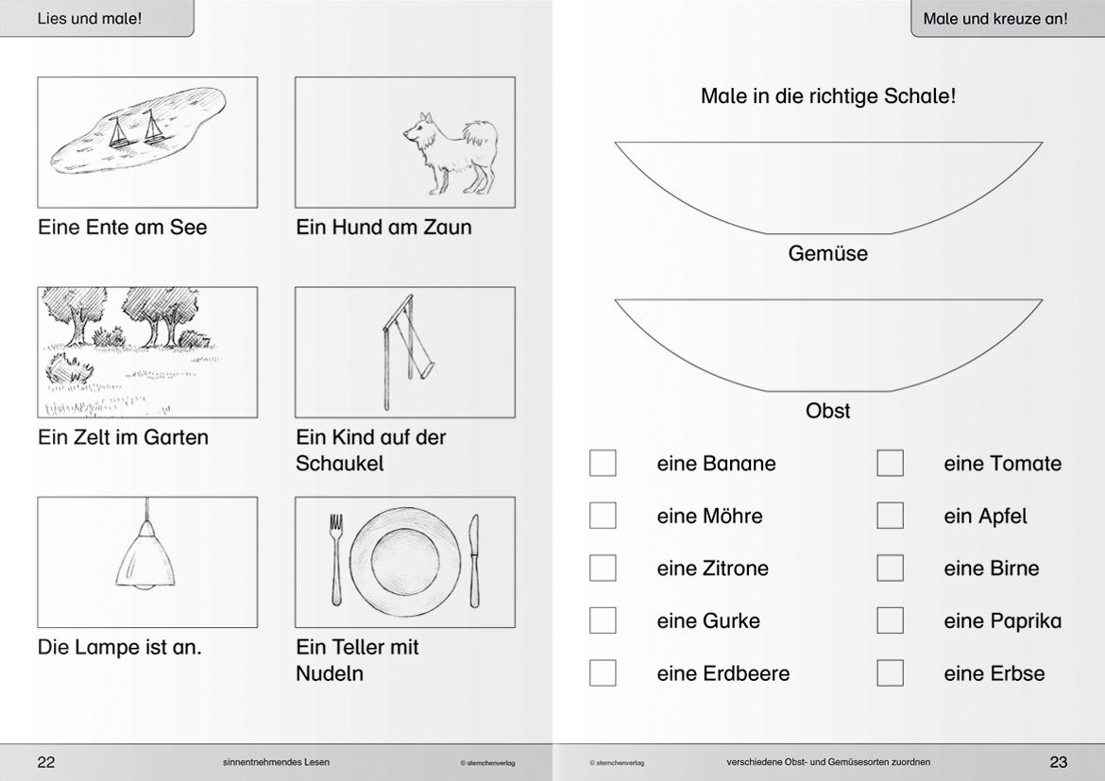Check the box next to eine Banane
[603, 463]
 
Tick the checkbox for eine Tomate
[890, 463]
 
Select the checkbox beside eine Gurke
[603, 620]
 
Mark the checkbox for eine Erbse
[890, 672]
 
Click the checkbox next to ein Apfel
[890, 516]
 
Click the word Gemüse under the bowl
[827, 254]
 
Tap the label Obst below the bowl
[827, 411]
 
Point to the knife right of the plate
[474, 561]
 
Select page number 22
[46, 762]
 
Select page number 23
[1059, 762]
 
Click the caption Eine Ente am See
[123, 228]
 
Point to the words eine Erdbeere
[722, 673]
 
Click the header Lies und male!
[90, 18]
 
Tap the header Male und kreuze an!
[995, 18]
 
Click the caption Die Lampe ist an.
[120, 648]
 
